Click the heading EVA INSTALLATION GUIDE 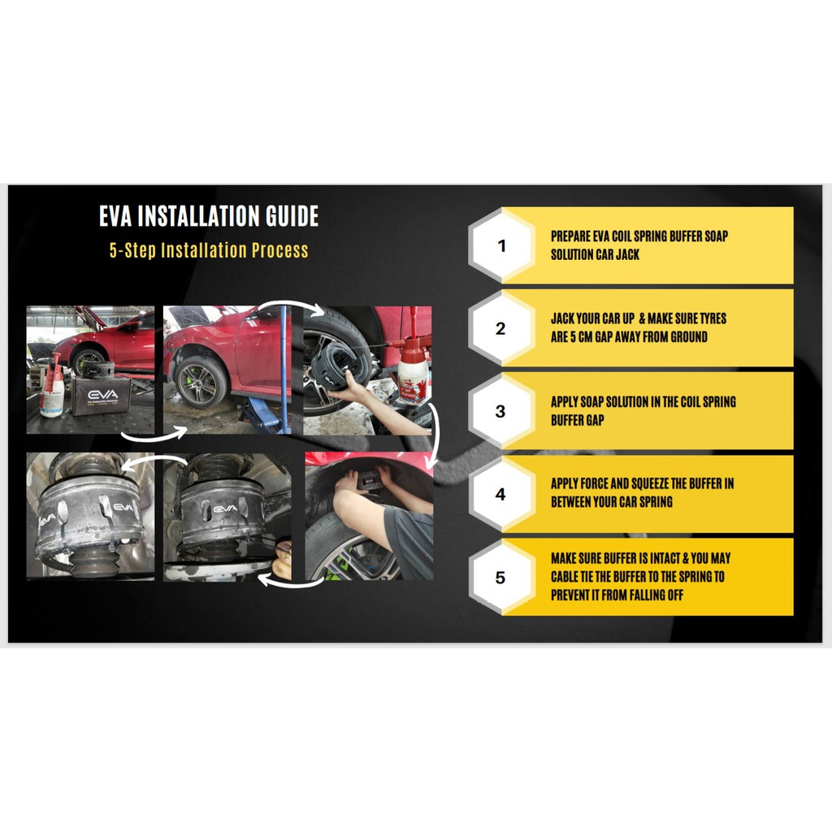click(x=209, y=216)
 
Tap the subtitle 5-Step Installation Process click(x=209, y=250)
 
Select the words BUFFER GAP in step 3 click(x=578, y=420)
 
